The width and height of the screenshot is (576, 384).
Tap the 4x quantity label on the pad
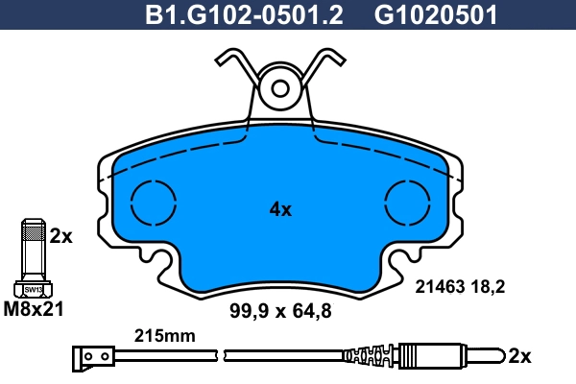pos(280,208)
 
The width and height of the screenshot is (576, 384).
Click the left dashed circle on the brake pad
pos(154,204)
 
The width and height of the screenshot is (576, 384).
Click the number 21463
pos(438,285)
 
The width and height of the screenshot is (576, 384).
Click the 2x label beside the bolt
pos(60,235)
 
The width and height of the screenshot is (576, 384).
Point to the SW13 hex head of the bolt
pos(33,288)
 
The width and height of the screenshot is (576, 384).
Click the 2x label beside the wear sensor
pos(518,356)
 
